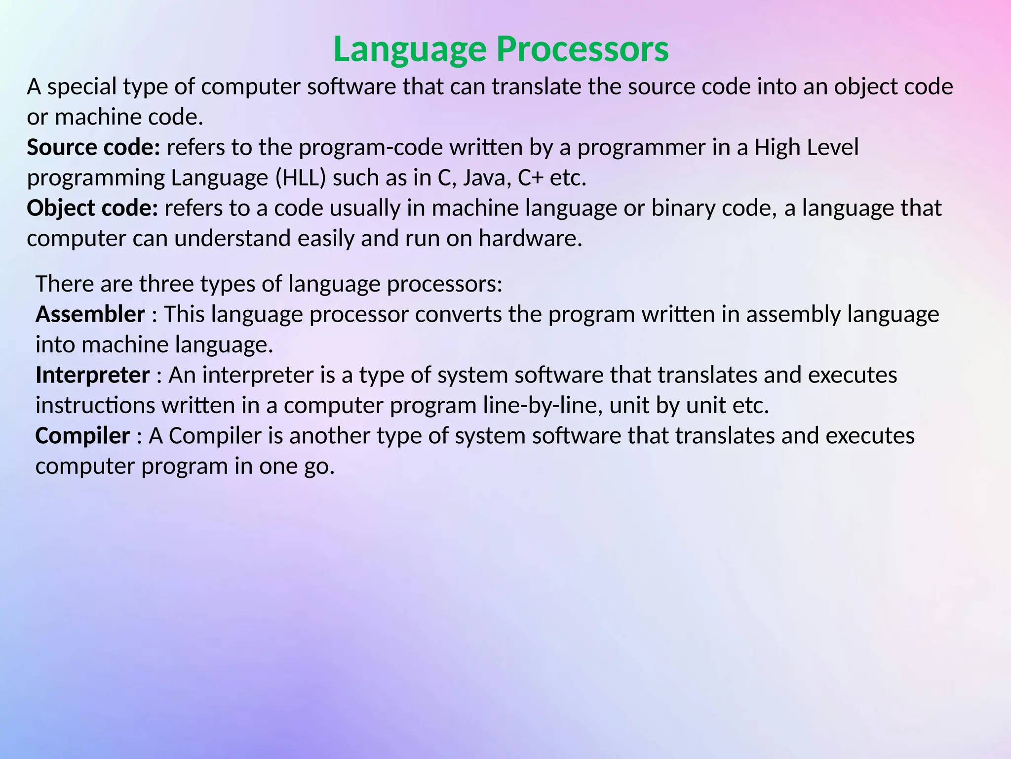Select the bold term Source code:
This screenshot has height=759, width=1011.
click(93, 147)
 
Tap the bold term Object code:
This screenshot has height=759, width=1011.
click(92, 208)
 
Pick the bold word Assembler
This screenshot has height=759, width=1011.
click(90, 314)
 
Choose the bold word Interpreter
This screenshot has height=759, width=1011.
click(92, 375)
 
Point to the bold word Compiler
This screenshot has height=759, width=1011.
click(82, 436)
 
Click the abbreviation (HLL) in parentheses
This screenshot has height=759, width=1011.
click(300, 178)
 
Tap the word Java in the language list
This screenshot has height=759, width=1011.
click(486, 178)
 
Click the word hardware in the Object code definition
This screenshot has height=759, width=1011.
click(530, 239)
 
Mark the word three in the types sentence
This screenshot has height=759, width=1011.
click(166, 284)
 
